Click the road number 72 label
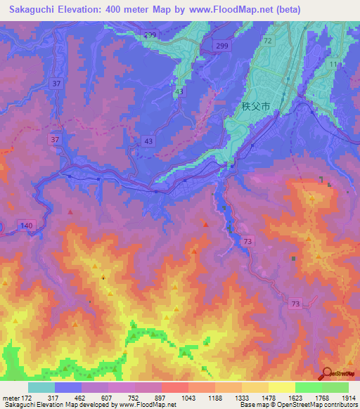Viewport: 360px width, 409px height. [268, 41]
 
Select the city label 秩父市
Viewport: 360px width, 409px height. [252, 107]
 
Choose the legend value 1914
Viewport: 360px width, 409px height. [349, 397]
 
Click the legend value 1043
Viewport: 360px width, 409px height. [170, 397]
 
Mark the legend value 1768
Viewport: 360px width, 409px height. [309, 397]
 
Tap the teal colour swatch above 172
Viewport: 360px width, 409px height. [41, 387]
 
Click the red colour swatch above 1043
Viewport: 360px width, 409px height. [174, 387]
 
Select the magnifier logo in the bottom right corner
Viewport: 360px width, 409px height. [328, 373]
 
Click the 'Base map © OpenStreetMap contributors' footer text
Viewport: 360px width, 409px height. [297, 405]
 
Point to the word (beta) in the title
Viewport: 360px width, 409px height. [323, 9]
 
